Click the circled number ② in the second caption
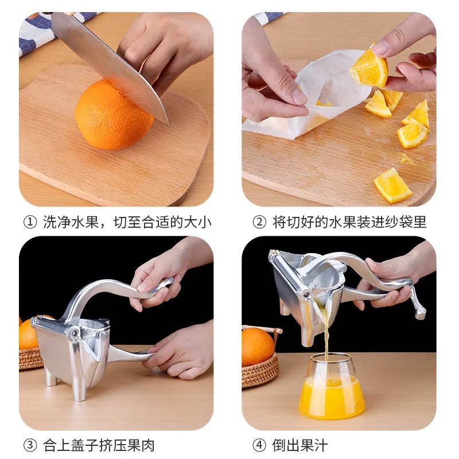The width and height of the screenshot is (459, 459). click(259, 222)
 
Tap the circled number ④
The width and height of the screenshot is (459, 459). click(259, 445)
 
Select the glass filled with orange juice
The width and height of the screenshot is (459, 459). click(331, 386)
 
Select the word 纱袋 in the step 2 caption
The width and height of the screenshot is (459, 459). click(391, 222)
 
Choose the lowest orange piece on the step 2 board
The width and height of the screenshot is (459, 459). click(393, 185)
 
